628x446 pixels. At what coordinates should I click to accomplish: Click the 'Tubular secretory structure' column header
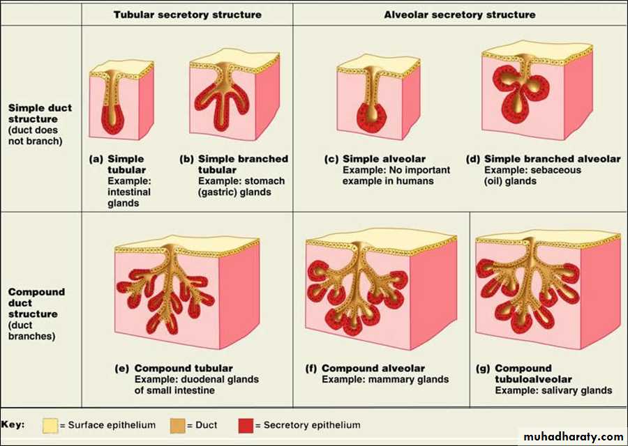(x=188, y=15)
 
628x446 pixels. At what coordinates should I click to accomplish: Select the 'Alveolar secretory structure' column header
(x=460, y=15)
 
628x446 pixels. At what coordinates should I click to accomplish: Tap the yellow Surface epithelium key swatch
(x=50, y=426)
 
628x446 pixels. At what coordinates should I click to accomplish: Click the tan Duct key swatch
(x=177, y=426)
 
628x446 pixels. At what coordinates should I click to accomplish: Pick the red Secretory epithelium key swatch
(x=246, y=426)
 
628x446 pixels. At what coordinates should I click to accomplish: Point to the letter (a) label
(x=96, y=159)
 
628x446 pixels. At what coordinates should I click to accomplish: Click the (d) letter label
(x=473, y=159)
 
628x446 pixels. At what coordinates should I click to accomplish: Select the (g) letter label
(x=483, y=369)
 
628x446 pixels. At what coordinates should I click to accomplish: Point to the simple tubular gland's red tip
(x=112, y=121)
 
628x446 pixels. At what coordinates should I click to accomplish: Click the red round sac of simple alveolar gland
(x=372, y=118)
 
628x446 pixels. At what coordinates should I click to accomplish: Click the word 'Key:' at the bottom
(x=13, y=424)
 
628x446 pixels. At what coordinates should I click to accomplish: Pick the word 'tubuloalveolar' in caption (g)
(x=533, y=379)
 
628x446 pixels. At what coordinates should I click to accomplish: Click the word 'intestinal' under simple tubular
(x=129, y=192)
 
